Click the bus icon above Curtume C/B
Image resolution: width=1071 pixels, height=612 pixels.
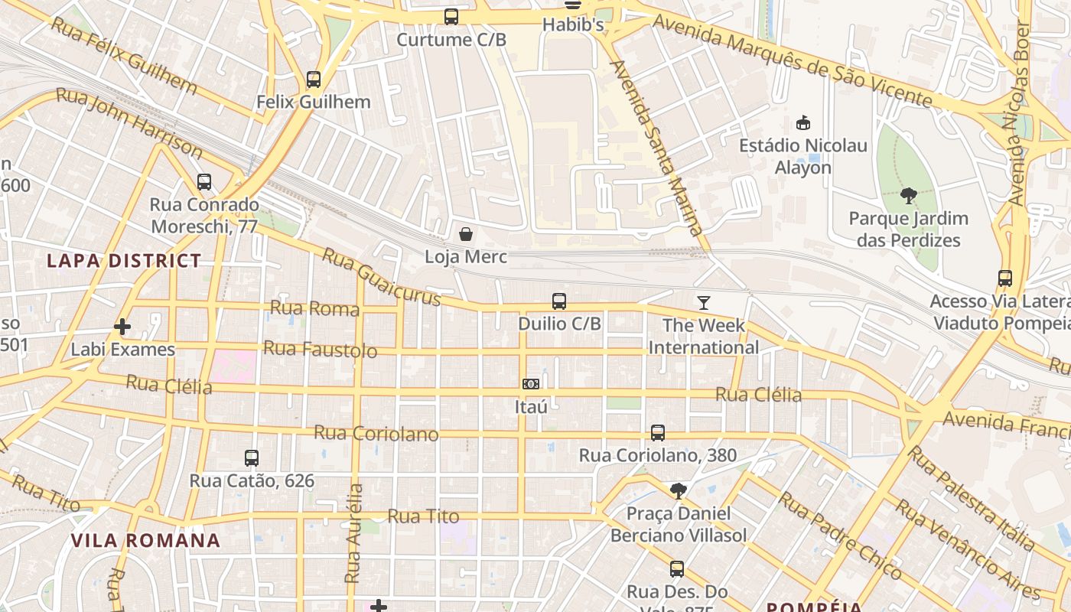point(451,16)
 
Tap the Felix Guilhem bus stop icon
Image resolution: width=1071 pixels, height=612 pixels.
point(313,79)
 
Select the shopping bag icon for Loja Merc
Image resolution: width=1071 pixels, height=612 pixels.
point(465,233)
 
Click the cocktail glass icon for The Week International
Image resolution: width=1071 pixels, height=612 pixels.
point(703,303)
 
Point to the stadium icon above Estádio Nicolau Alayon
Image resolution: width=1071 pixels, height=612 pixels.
point(803,122)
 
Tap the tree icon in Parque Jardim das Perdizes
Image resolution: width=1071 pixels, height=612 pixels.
point(909,196)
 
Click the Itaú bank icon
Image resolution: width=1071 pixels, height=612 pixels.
point(531,383)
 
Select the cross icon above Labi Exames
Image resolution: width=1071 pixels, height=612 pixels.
point(122,327)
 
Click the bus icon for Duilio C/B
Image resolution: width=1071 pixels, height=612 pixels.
point(559,301)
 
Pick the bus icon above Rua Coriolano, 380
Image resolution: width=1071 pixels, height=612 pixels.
point(657,433)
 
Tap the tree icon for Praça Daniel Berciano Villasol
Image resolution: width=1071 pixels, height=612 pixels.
point(678,490)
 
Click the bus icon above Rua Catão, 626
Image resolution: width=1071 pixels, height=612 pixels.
point(252,458)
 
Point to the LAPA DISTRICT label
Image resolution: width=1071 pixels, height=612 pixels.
point(124,261)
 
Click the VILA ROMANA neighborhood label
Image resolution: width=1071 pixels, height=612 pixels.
point(145,541)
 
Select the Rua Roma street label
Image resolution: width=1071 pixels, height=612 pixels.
point(314,308)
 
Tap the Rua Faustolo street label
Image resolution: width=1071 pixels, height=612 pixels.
point(320,350)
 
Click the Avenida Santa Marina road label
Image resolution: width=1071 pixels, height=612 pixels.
point(656,148)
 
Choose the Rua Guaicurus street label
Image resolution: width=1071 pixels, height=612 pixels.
point(381,276)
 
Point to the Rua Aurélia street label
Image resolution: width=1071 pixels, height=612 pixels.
point(353,533)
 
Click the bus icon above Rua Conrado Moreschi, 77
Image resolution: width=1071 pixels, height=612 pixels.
point(203,182)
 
